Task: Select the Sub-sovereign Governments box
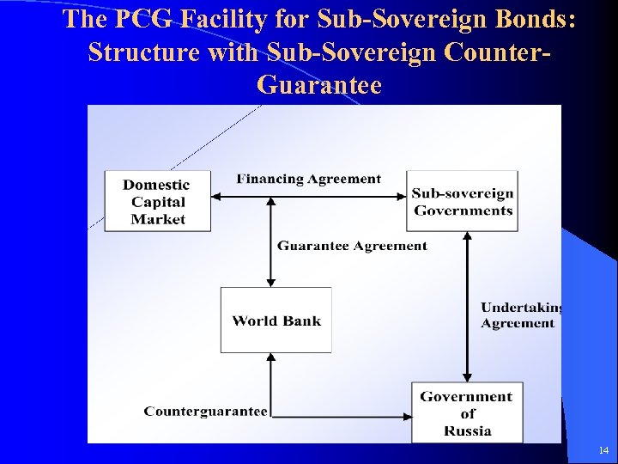coord(462,201)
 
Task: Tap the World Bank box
coord(276,321)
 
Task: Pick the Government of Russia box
coord(466,412)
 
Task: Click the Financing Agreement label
coord(308,179)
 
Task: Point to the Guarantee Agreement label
coord(352,246)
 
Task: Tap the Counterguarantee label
coord(205,412)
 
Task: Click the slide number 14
coord(603,450)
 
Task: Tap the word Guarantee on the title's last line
coord(318,85)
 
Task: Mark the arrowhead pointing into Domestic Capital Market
coord(217,197)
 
